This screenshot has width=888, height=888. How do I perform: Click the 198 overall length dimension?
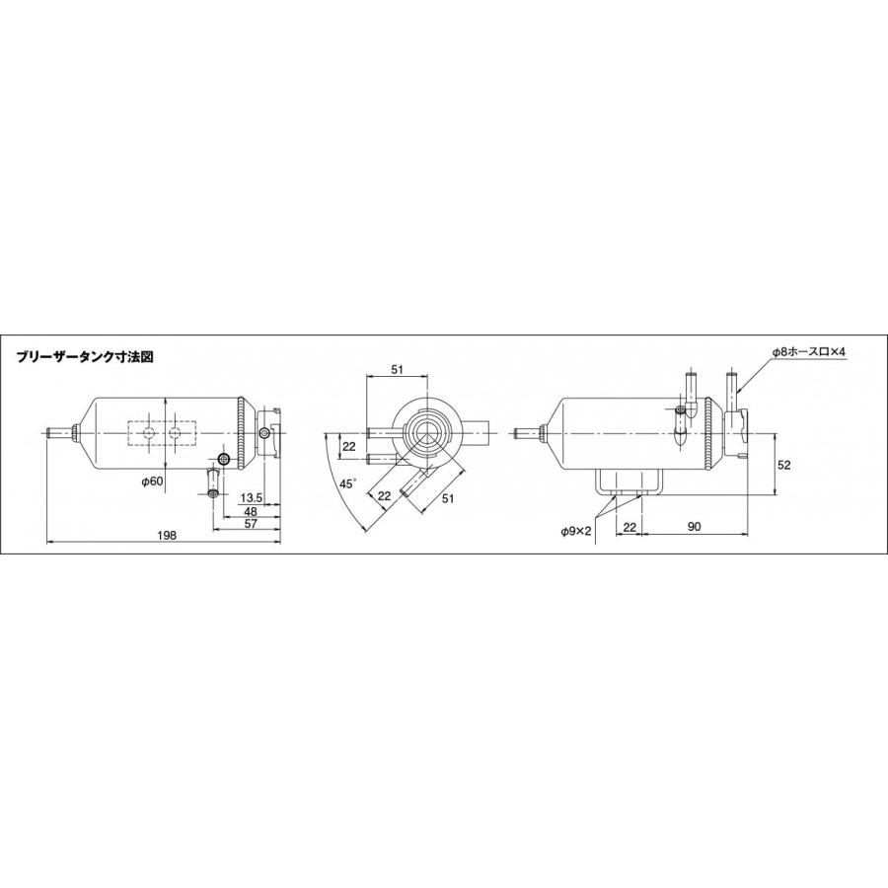(168, 535)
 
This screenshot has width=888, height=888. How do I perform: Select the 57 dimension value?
(251, 524)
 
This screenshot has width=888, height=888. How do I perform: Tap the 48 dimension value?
(251, 511)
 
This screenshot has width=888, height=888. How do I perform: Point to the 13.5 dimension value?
(251, 498)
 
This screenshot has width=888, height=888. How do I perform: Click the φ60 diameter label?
(152, 481)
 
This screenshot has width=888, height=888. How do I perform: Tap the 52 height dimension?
(783, 466)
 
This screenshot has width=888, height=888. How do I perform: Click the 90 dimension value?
(695, 527)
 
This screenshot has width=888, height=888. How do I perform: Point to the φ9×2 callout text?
(576, 531)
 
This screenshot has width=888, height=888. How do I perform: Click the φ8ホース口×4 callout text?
(809, 352)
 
